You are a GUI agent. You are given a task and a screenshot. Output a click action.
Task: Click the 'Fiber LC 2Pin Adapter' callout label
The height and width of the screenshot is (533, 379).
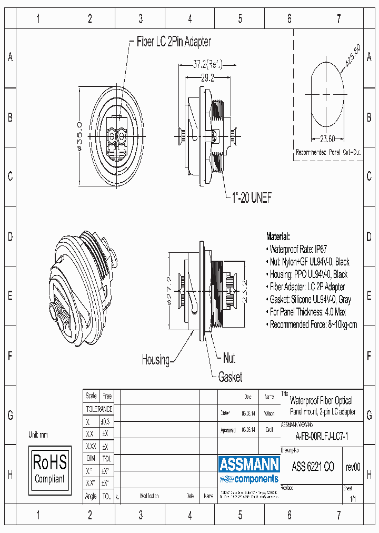174,42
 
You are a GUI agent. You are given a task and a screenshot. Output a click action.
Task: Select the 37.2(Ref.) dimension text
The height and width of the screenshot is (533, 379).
207,64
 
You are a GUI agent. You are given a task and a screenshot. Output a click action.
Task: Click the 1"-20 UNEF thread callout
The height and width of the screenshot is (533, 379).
252,198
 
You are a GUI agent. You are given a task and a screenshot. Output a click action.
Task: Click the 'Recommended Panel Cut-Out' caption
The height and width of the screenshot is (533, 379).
328,152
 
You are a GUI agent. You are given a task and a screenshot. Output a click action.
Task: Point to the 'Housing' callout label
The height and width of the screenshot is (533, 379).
155,360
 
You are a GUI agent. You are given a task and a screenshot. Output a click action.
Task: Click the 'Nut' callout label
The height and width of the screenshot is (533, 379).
228,359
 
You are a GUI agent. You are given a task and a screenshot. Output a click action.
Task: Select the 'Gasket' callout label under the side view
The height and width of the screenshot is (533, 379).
230,377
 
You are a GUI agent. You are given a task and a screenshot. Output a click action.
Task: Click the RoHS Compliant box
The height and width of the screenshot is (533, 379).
49,469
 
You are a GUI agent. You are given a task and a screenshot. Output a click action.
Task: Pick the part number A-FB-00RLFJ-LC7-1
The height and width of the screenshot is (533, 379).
322,436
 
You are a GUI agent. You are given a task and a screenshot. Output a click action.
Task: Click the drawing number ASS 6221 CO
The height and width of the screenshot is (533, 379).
313,467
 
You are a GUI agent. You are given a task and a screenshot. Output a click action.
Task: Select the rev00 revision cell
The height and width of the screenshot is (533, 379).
353,467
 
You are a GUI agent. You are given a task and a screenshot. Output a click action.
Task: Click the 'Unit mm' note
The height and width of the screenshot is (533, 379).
38,435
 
